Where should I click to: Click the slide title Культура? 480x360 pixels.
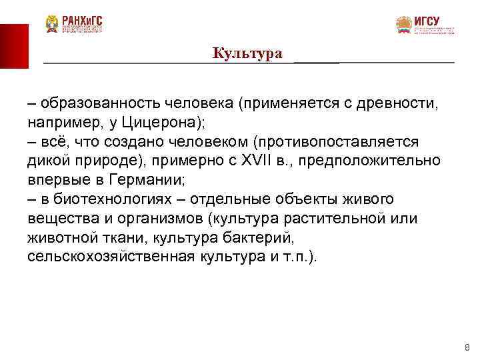(247, 53)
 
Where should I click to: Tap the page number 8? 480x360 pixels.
(467, 347)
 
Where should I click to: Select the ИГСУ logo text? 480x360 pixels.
(427, 21)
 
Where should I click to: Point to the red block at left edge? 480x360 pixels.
(14, 45)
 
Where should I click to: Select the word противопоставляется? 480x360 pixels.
(329, 142)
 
